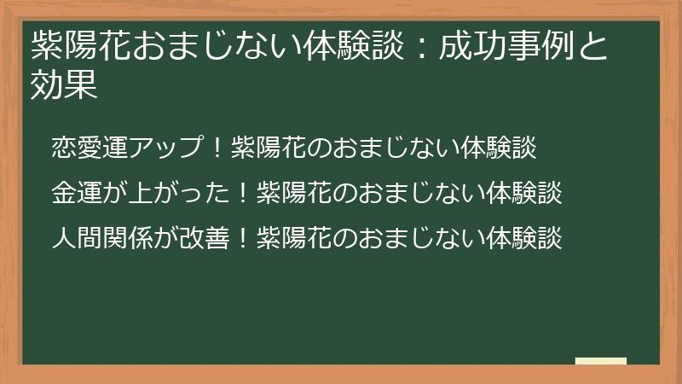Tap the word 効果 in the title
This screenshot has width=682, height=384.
point(63,84)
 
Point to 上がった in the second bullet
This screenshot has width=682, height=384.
point(178,194)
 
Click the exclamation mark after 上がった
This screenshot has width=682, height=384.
point(242,194)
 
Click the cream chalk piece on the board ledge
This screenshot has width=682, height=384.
point(601,361)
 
